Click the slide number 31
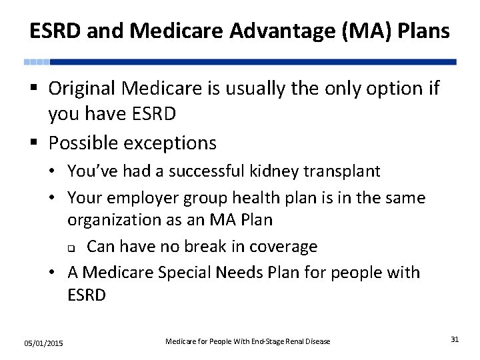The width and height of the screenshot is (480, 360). pyautogui.click(x=455, y=339)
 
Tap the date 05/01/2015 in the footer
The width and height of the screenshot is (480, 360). pyautogui.click(x=43, y=343)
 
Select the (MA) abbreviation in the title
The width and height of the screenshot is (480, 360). pyautogui.click(x=331, y=31)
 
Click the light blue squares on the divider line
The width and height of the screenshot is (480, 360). pyautogui.click(x=37, y=61)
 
